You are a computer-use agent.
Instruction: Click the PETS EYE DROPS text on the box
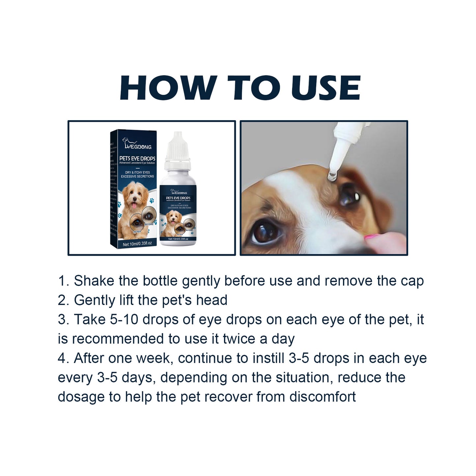(x=137, y=158)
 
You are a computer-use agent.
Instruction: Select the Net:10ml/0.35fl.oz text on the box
(x=137, y=244)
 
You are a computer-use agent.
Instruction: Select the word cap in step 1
(x=412, y=281)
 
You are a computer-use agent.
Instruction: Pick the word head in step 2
(x=211, y=300)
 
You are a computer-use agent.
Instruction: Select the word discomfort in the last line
(x=322, y=397)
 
